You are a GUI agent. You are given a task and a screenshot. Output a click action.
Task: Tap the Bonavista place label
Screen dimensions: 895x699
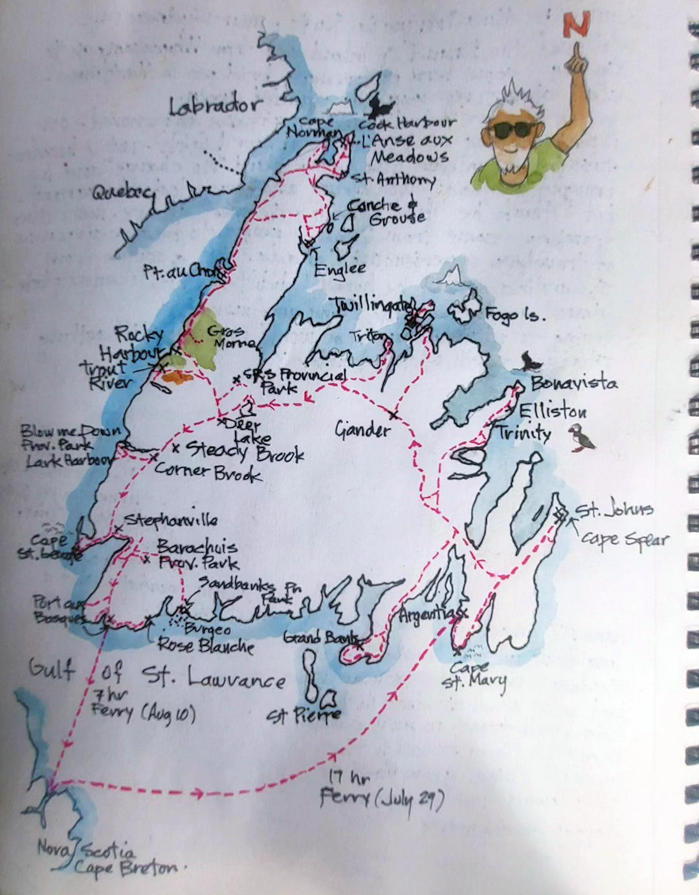click(573, 383)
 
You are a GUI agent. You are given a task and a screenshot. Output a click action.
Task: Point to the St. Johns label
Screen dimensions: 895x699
click(614, 510)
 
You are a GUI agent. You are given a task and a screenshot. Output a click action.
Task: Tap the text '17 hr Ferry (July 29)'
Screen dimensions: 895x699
click(382, 790)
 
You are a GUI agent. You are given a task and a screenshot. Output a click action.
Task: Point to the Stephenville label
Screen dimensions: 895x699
click(171, 520)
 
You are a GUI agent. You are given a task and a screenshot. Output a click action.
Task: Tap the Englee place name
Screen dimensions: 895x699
click(340, 268)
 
